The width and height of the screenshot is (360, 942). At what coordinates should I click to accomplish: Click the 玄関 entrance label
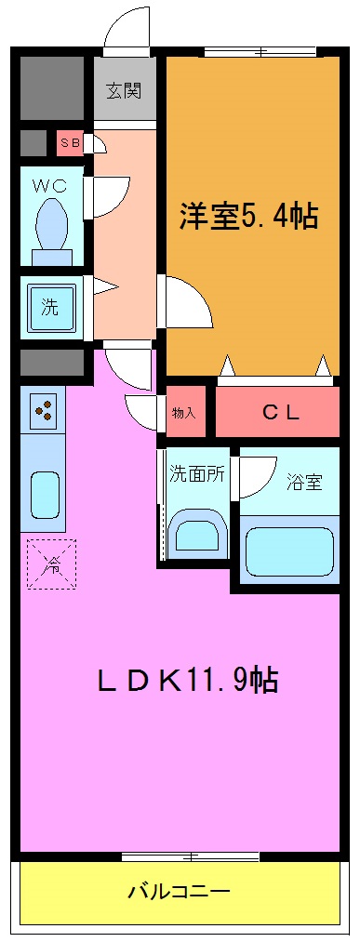[123, 91]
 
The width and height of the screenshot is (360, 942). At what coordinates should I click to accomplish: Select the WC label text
[51, 184]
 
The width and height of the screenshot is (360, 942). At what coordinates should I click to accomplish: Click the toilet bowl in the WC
[51, 223]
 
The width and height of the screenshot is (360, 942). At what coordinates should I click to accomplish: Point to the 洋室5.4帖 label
[248, 217]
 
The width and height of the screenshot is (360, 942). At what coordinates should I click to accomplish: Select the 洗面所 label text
[196, 472]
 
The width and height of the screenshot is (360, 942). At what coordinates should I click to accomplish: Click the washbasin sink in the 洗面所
[197, 537]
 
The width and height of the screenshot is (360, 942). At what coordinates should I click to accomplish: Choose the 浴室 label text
[304, 482]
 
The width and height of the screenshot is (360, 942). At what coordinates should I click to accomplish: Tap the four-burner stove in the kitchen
[43, 409]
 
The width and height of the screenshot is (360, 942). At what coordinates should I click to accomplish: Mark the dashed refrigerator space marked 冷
[51, 564]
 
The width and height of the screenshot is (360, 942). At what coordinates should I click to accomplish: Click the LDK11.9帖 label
[187, 680]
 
